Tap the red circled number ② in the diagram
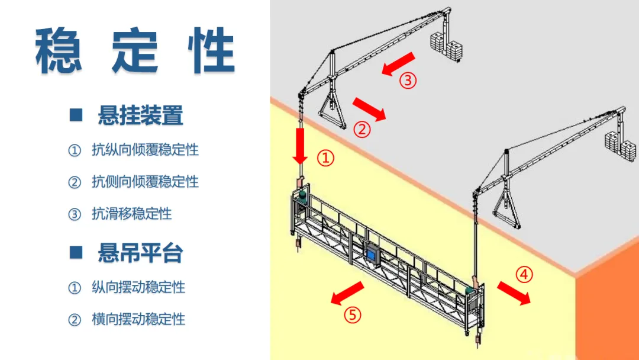tap(362, 128)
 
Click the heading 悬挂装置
tap(140, 115)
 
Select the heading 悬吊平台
tap(140, 253)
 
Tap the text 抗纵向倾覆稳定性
tap(145, 150)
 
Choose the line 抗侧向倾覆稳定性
tap(145, 181)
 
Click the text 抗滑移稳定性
tap(131, 213)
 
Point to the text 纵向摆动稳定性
tap(138, 288)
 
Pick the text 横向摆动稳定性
tap(138, 319)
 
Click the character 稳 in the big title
tap(59, 50)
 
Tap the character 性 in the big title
tap(209, 50)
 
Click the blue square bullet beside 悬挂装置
tap(75, 115)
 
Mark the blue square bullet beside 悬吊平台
tap(75, 253)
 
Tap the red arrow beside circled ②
tap(369, 109)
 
